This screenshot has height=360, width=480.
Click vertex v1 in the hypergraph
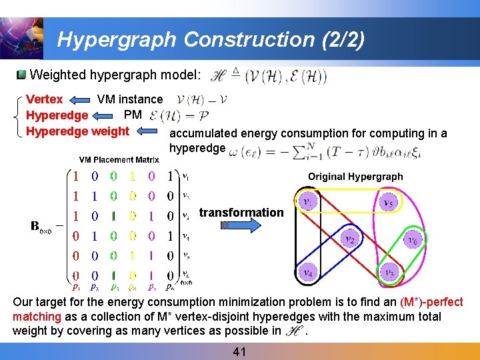click(x=307, y=202)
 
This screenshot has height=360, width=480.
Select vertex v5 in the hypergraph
click(x=388, y=203)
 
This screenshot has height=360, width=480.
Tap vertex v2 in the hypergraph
click(x=349, y=238)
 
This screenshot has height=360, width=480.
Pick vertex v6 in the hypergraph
click(x=413, y=240)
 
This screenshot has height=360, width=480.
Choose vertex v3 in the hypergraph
click(x=389, y=272)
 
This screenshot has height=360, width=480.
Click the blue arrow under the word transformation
click(x=241, y=226)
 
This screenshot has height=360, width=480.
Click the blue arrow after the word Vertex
click(x=81, y=100)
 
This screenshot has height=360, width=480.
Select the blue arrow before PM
click(x=107, y=115)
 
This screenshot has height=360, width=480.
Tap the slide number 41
click(x=239, y=351)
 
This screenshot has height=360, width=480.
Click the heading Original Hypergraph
click(x=355, y=177)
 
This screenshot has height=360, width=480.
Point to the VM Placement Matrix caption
click(x=119, y=160)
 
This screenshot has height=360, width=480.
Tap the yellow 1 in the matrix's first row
click(x=133, y=177)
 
